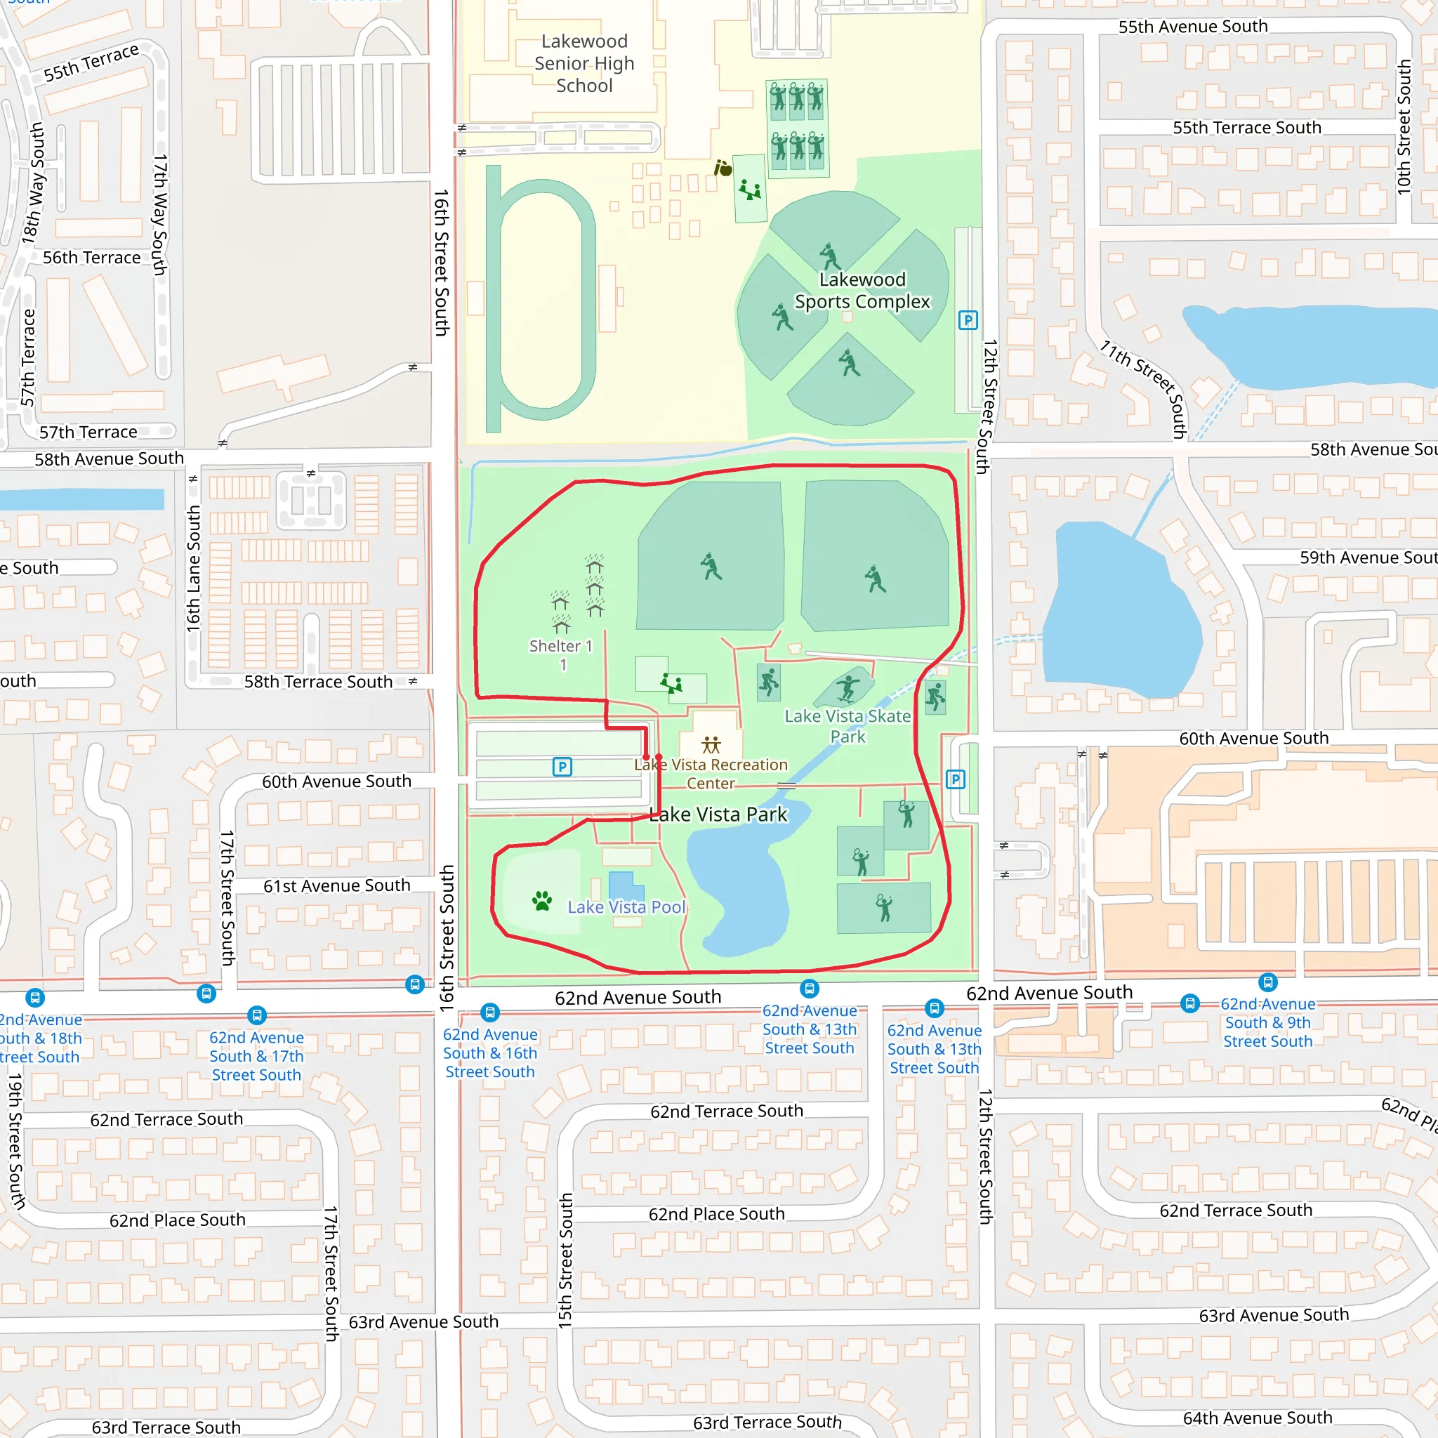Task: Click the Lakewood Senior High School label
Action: pyautogui.click(x=584, y=63)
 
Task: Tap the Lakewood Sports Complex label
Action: pyautogui.click(x=862, y=290)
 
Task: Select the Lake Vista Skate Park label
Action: pyautogui.click(x=847, y=726)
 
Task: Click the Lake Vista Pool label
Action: pyautogui.click(x=626, y=906)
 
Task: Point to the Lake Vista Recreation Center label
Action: pyautogui.click(x=711, y=773)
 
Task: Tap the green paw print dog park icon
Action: pyautogui.click(x=542, y=902)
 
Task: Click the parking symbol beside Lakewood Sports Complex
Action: pyautogui.click(x=968, y=321)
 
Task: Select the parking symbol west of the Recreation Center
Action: pyautogui.click(x=562, y=767)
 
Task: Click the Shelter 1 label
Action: pyautogui.click(x=560, y=646)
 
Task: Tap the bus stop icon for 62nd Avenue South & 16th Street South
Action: pyautogui.click(x=490, y=1012)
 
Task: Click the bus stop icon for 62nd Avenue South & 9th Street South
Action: pyautogui.click(x=1190, y=1003)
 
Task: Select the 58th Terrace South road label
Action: pyautogui.click(x=318, y=682)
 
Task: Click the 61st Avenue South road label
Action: pyautogui.click(x=336, y=885)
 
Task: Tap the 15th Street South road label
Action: pyautogui.click(x=566, y=1261)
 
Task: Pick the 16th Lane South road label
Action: pyautogui.click(x=194, y=569)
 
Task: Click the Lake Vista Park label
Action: pyautogui.click(x=718, y=814)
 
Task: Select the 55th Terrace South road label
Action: pyautogui.click(x=1247, y=127)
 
